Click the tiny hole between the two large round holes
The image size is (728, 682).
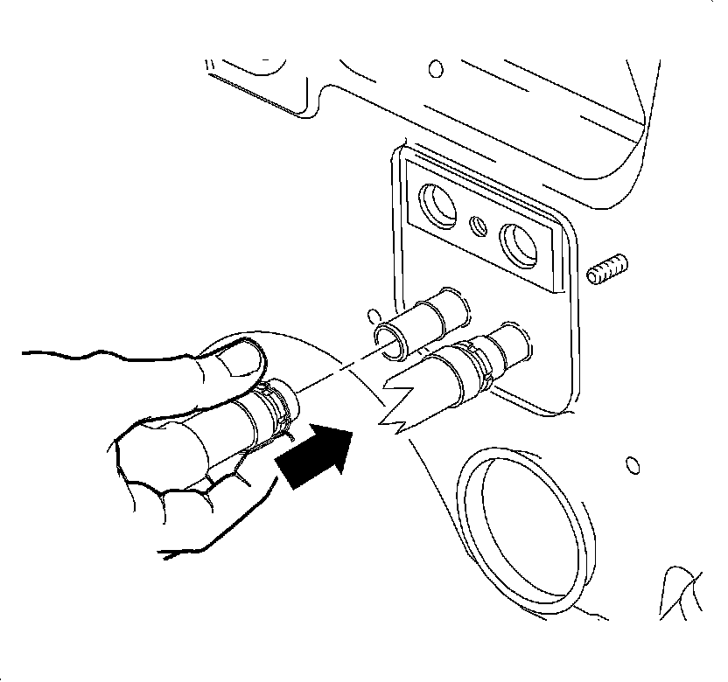478,225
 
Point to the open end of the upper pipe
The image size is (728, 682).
390,338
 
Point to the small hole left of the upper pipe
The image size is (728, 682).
374,312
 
